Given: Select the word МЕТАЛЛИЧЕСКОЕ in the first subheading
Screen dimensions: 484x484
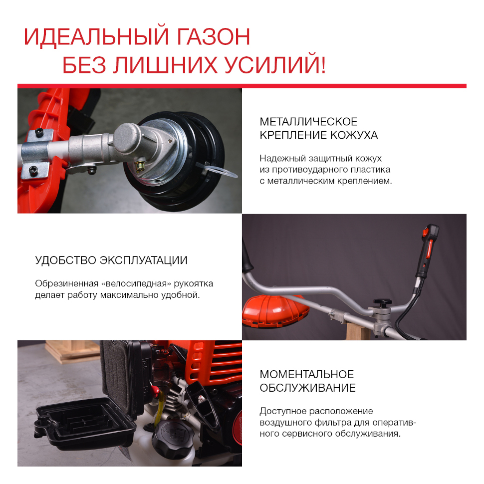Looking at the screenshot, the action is tap(308, 122).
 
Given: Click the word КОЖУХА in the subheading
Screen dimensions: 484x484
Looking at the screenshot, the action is tap(354, 135).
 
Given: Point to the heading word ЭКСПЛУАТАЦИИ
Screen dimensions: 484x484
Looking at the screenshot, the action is tap(144, 260).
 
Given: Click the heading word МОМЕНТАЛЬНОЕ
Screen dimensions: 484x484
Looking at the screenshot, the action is tap(306, 374).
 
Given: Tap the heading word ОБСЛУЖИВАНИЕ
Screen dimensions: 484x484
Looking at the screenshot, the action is tap(307, 388).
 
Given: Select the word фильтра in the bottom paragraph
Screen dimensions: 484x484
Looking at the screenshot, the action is tap(335, 423).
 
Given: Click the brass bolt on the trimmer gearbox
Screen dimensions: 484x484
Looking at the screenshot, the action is tap(140, 166).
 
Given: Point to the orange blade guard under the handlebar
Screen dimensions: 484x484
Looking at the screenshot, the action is tap(275, 310).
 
